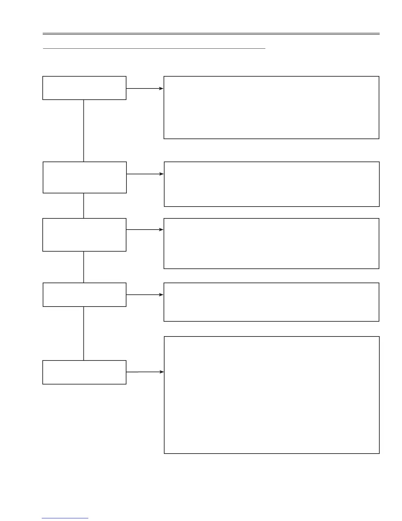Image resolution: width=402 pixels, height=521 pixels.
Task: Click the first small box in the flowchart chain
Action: [84, 88]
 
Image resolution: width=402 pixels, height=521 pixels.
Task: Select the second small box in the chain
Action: [85, 177]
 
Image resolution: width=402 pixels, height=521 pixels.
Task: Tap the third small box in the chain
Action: [84, 235]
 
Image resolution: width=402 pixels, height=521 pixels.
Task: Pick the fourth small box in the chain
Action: [84, 294]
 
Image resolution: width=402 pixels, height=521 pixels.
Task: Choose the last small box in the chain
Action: [84, 372]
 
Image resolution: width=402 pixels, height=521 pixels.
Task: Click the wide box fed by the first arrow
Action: [271, 108]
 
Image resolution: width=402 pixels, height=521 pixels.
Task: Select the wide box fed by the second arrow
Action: [272, 184]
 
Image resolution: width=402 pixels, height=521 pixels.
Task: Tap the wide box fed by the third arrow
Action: [271, 243]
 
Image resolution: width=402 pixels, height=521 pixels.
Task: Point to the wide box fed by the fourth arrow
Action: [271, 302]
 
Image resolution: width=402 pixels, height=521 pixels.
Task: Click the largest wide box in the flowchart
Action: [272, 395]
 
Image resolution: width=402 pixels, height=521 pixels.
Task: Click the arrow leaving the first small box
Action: [145, 88]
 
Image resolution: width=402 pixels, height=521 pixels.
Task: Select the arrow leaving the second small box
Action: [145, 174]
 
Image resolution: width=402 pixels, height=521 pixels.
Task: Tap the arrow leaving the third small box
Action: [145, 230]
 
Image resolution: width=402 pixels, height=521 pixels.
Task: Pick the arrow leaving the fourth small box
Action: [145, 295]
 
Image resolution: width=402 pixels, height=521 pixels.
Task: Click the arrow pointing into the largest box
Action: [145, 372]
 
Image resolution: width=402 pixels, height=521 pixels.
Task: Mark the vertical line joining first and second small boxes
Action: [84, 131]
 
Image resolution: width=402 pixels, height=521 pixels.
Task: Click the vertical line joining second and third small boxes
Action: [84, 206]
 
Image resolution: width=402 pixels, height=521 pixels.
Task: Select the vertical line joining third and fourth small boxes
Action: [84, 267]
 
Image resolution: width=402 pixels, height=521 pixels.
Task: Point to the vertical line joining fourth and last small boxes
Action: [84, 333]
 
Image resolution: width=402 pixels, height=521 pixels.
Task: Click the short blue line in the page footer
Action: [65, 518]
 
